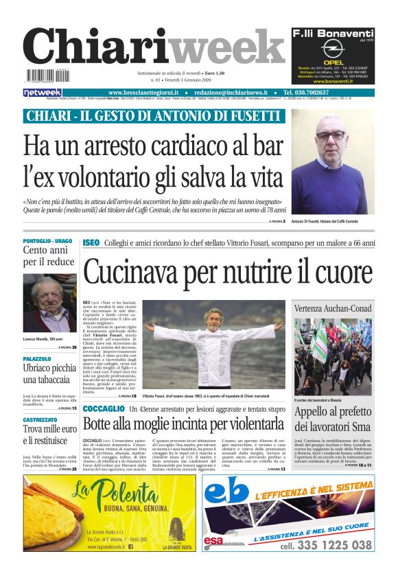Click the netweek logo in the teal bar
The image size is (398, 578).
tap(43, 92)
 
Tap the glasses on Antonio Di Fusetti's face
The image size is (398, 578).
tap(331, 136)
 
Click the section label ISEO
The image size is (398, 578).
tap(91, 243)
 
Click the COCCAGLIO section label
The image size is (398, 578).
tap(103, 408)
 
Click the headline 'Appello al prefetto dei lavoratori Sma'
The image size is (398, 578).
tap(333, 419)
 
